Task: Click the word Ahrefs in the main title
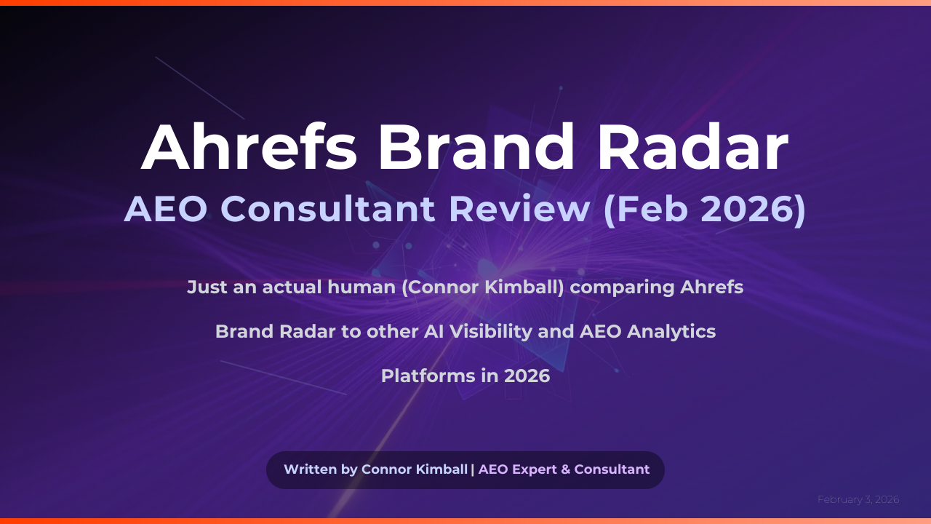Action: (249, 147)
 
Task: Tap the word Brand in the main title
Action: (475, 147)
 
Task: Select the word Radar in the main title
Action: (693, 147)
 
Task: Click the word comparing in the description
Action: (623, 287)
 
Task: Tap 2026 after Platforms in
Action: (527, 376)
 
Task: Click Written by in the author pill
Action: (320, 469)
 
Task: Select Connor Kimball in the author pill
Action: (414, 469)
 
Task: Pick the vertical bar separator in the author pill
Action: (473, 469)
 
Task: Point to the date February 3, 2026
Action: (858, 499)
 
